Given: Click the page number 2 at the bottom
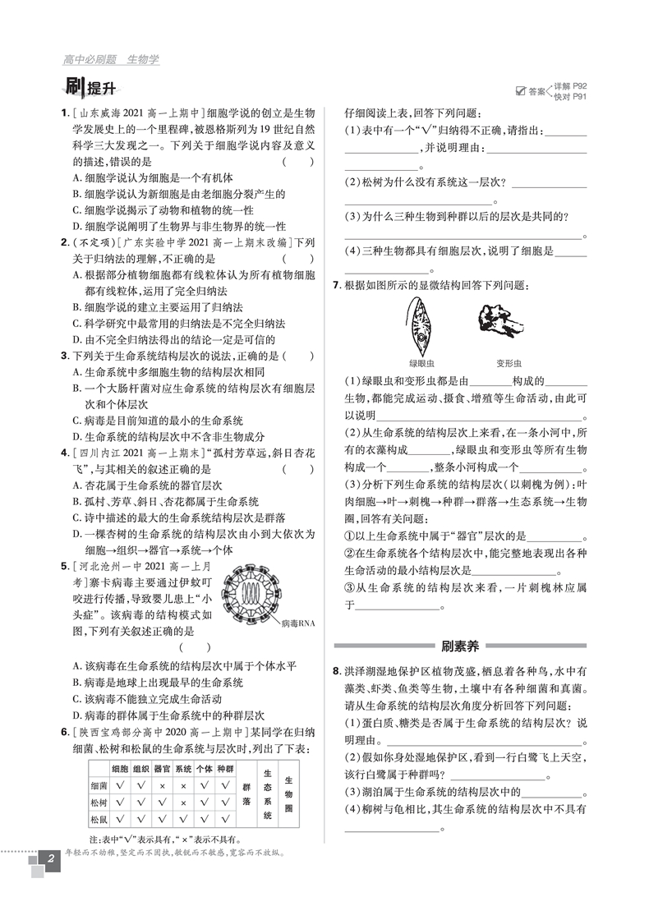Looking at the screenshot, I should pos(51,859).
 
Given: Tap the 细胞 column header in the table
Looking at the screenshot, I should pos(120,768).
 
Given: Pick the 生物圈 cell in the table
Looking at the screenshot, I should pos(289,793).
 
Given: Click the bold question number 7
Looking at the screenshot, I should pos(338,285).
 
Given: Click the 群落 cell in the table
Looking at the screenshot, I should pos(243,793).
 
